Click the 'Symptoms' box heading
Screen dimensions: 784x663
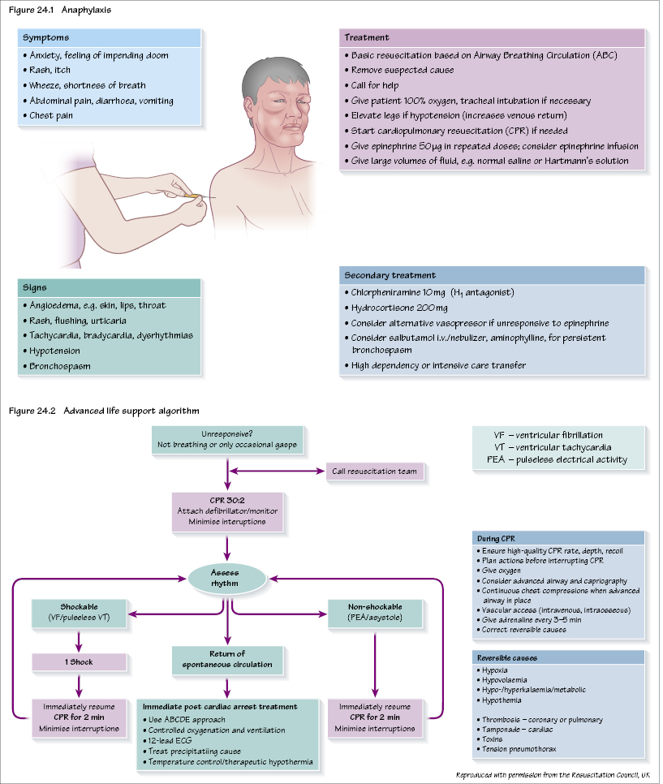(x=46, y=38)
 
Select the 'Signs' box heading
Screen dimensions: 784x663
(x=37, y=287)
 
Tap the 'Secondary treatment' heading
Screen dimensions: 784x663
(x=390, y=275)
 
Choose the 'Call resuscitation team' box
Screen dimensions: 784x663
(x=375, y=471)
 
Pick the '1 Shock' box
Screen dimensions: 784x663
(x=80, y=662)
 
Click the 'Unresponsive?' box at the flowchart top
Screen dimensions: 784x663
(x=227, y=440)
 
